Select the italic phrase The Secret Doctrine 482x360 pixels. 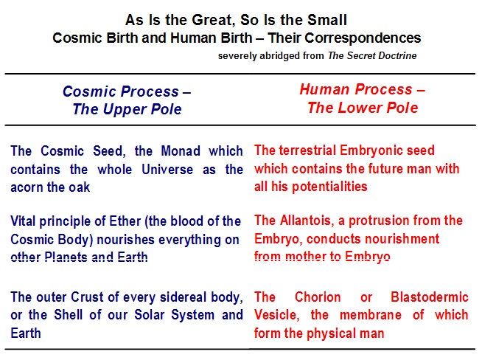(372, 55)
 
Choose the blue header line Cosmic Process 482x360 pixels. (127, 91)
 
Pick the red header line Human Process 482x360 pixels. (363, 89)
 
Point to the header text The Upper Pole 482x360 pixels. (127, 109)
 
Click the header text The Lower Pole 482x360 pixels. (363, 108)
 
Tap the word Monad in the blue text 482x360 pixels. (181, 151)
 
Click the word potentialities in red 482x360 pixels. (329, 187)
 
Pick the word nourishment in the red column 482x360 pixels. (373, 239)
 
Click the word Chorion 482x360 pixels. (318, 297)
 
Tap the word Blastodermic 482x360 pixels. (430, 297)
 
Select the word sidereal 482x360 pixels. (184, 297)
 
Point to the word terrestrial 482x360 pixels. (307, 150)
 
